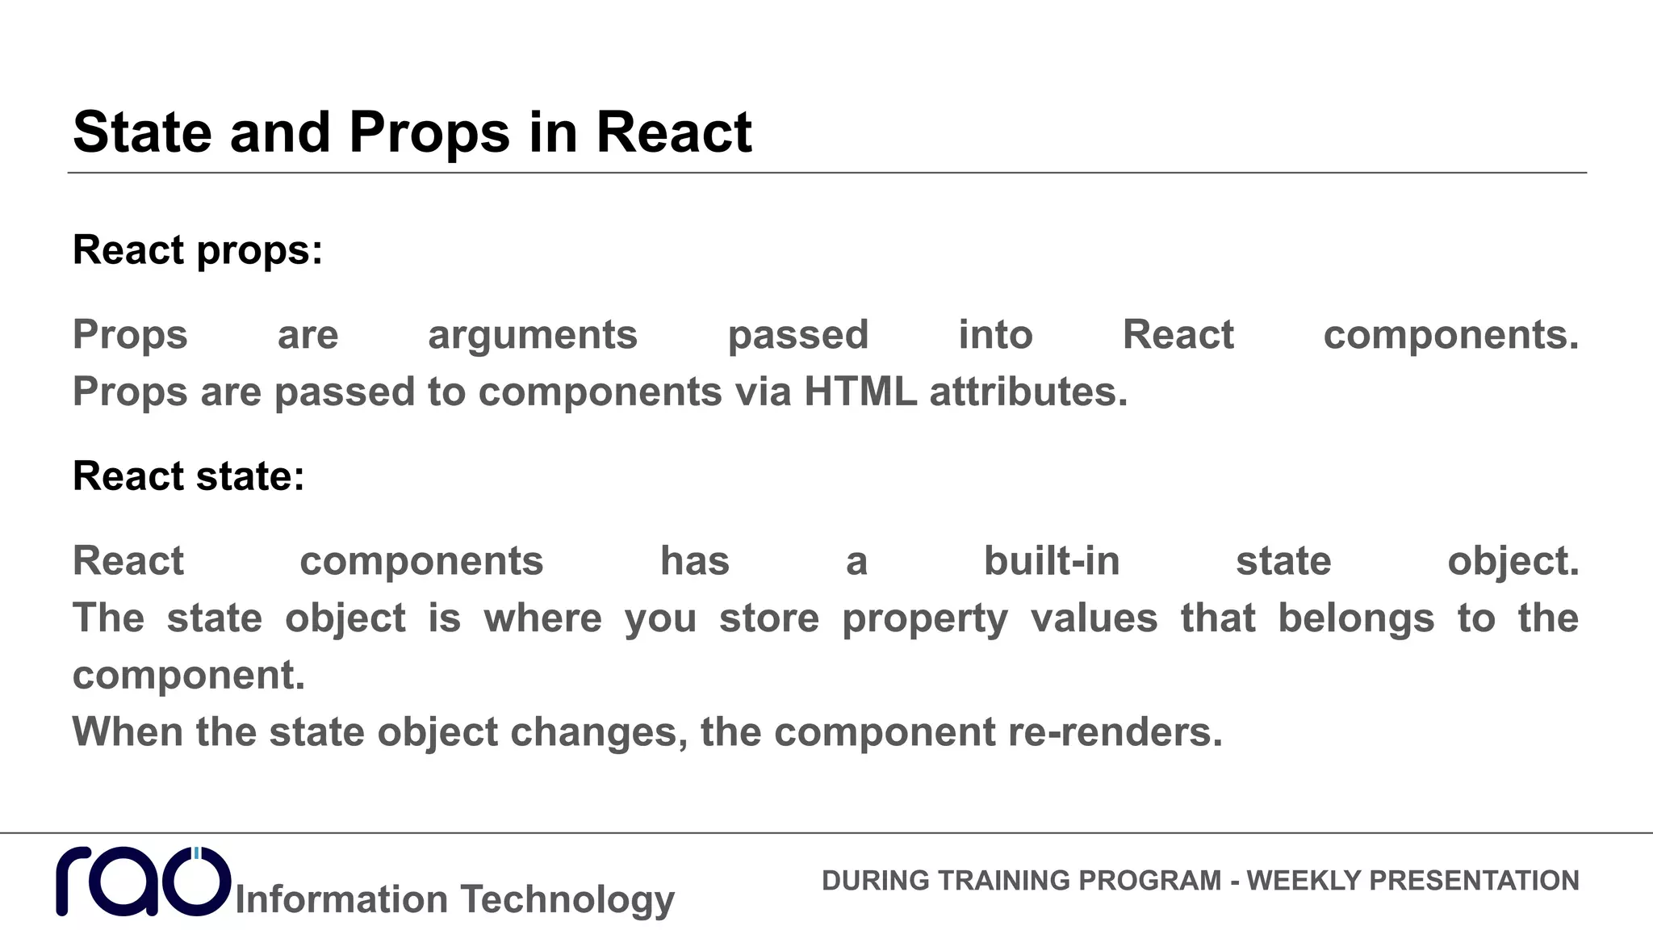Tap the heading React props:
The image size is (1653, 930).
[198, 249]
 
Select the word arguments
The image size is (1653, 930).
[533, 335]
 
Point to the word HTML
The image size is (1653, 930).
[860, 392]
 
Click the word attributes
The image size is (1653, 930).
[1027, 392]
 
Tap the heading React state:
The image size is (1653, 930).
[189, 475]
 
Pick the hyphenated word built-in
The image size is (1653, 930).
[1052, 561]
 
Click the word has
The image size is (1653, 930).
[695, 561]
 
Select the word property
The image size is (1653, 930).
[925, 619]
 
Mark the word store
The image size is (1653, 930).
[769, 618]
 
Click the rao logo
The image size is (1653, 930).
[144, 882]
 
